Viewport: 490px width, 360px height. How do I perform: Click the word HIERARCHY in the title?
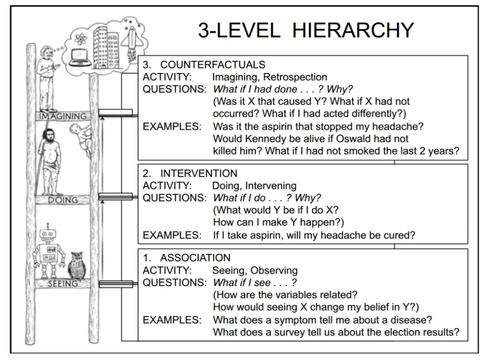coord(353,30)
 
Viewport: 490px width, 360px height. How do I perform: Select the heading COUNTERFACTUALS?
coord(212,65)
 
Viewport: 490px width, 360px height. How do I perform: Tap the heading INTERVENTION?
coord(199,173)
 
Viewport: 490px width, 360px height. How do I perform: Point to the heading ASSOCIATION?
coord(195,258)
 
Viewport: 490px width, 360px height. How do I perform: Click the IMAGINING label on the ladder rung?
coord(63,116)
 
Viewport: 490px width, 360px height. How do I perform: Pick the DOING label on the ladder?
coord(63,200)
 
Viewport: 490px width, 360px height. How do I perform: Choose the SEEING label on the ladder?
coord(63,283)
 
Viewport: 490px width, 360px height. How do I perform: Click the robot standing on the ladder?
coord(49,251)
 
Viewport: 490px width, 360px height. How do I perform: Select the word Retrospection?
coord(295,77)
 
